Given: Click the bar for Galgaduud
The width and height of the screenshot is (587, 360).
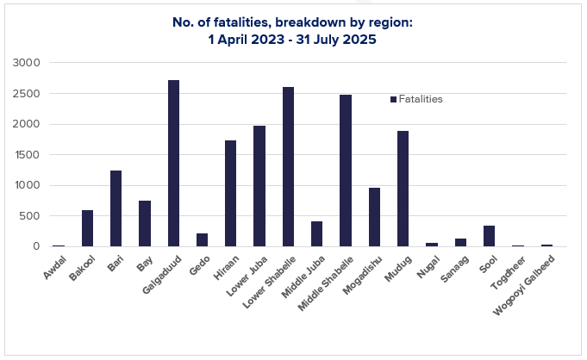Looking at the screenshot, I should [x=173, y=164].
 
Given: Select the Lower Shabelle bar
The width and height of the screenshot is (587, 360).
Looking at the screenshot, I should [x=288, y=167].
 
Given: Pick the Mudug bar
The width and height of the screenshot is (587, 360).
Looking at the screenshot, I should [x=403, y=189].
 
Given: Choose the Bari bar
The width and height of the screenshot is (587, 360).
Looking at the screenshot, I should [x=116, y=208].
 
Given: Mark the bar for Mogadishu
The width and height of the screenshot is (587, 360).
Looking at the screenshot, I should [x=374, y=217].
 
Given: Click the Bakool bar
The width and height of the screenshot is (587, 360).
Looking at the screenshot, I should [x=87, y=228].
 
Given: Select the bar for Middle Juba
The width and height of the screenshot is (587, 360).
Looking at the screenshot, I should [x=316, y=234].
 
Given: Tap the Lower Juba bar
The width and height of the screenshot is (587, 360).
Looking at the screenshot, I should [x=259, y=186].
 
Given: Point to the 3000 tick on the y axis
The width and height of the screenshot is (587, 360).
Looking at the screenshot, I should [x=26, y=63].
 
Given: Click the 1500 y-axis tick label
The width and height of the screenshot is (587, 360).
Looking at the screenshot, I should [x=26, y=155].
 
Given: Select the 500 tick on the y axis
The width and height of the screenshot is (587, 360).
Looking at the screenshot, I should [x=29, y=216].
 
